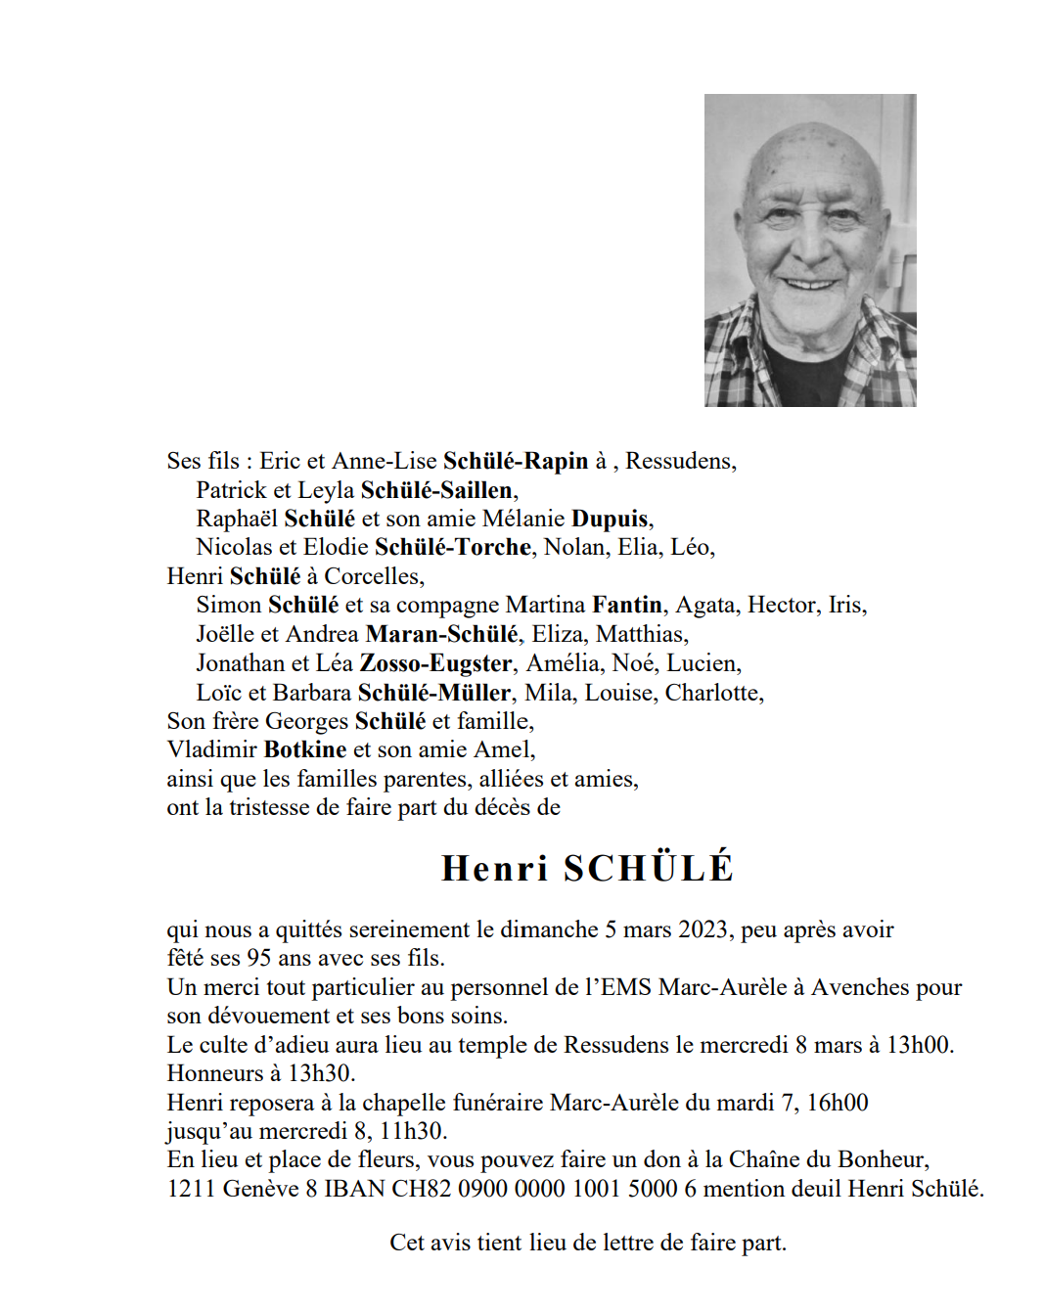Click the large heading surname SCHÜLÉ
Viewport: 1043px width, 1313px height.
pos(649,869)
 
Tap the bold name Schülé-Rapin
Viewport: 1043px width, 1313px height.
pos(516,461)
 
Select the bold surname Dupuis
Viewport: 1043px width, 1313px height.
pos(610,519)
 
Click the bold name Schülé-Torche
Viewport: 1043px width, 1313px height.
pos(453,547)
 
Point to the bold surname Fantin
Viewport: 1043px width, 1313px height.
pos(627,605)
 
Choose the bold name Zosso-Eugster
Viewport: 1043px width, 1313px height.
pos(436,663)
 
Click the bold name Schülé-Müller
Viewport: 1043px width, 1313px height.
pos(434,693)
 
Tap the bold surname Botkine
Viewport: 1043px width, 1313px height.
pos(305,749)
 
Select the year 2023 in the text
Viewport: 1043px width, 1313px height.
pos(703,929)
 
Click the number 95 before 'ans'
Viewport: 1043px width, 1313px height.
pos(258,958)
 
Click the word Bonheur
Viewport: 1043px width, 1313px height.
pos(879,1159)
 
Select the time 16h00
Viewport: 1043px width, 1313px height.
pos(838,1103)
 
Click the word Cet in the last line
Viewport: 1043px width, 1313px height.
pos(406,1243)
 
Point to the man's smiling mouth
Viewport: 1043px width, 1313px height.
pos(811,284)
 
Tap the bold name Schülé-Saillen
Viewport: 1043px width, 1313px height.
pos(436,490)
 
